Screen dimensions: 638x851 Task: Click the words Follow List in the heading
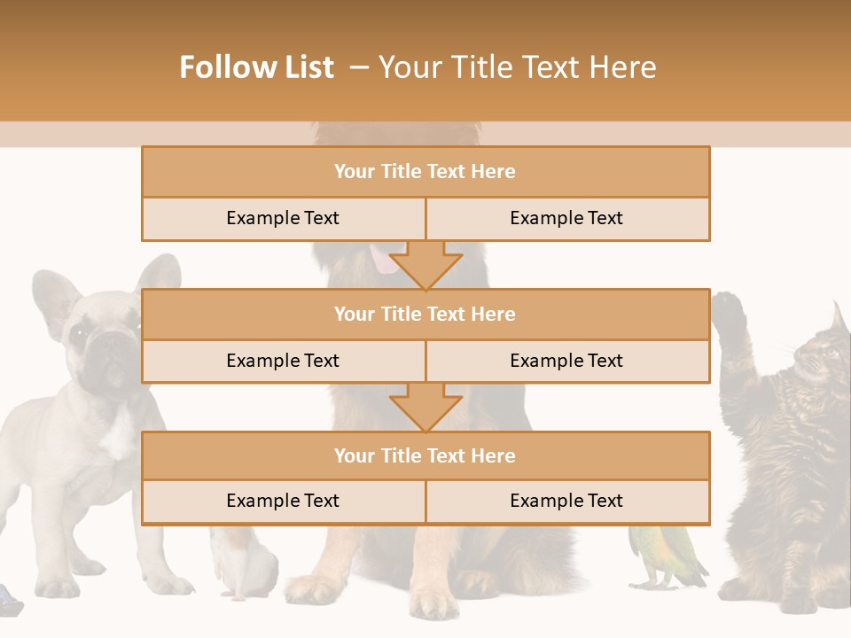click(257, 67)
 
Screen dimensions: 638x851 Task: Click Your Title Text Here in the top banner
click(517, 67)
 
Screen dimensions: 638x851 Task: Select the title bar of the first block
click(425, 172)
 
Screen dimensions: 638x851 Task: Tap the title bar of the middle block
click(425, 314)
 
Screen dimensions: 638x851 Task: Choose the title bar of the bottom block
click(425, 455)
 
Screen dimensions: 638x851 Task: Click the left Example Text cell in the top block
click(283, 218)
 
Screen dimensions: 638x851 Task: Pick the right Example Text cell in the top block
click(566, 218)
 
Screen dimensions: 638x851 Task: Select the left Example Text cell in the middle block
click(283, 361)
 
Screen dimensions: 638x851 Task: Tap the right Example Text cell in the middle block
click(566, 361)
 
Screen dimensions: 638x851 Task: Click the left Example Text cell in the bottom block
click(283, 501)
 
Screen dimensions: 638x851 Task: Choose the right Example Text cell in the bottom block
click(566, 501)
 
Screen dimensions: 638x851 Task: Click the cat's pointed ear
click(838, 317)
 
